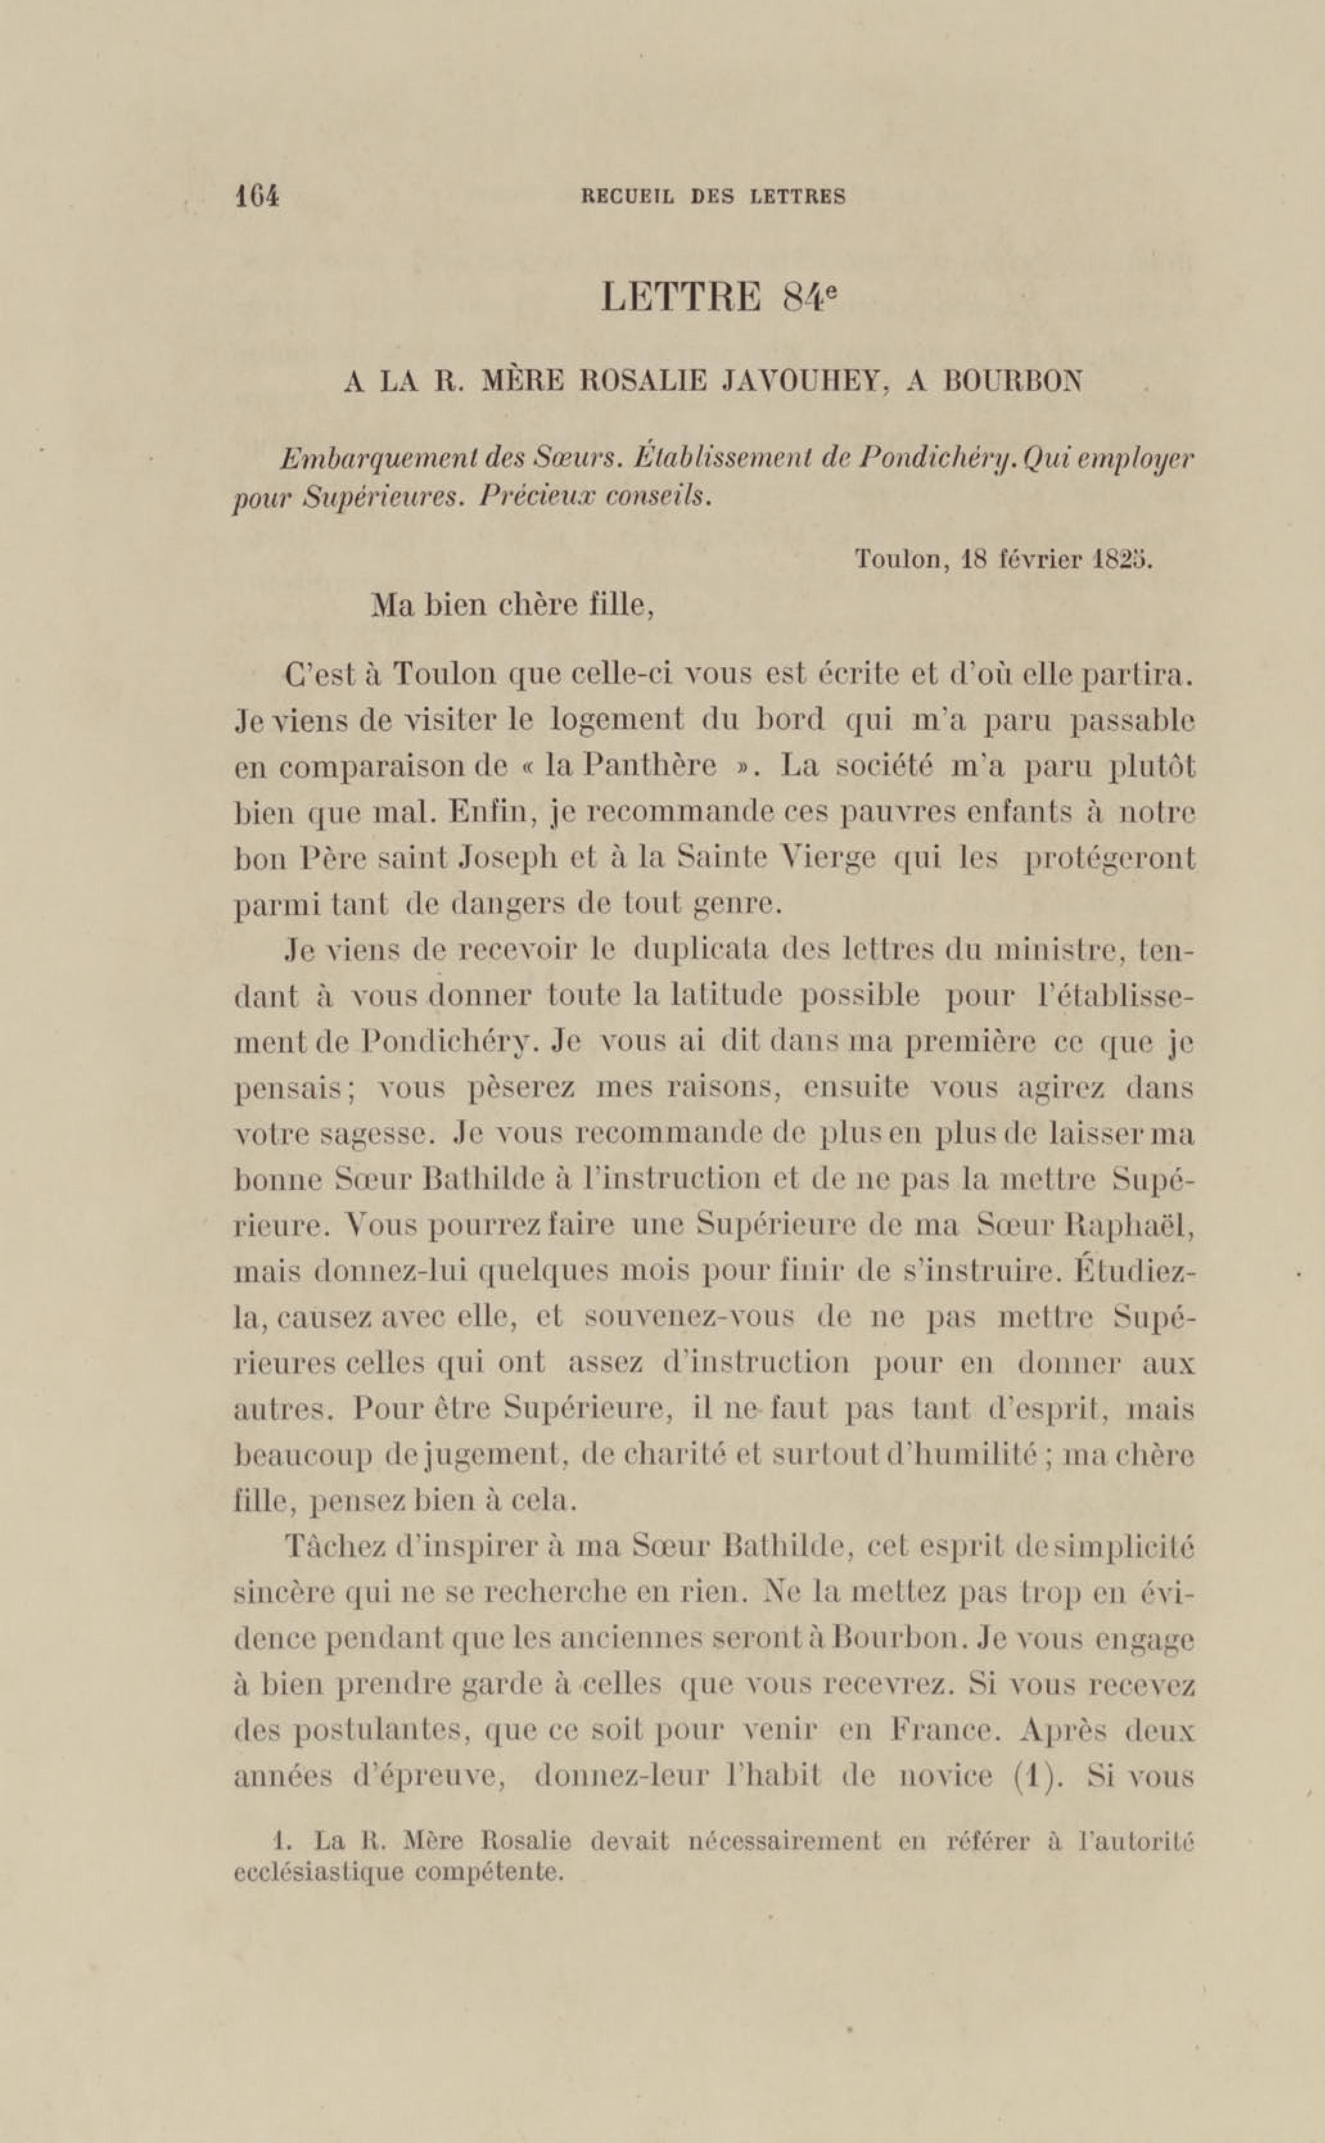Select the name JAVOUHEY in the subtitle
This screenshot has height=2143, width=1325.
click(796, 381)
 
